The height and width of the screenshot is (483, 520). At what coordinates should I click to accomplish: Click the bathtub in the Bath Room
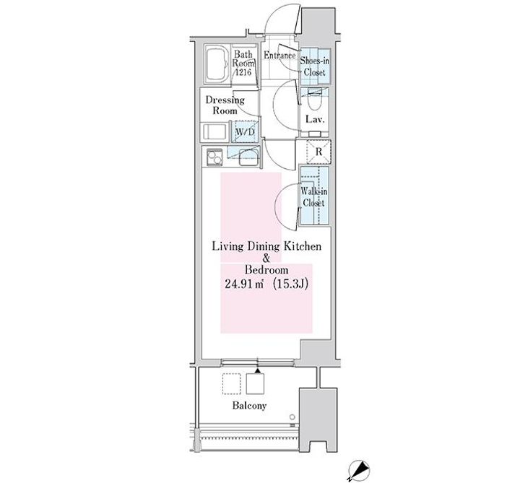click(x=216, y=64)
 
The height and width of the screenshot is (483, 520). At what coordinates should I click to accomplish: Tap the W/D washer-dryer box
click(x=245, y=131)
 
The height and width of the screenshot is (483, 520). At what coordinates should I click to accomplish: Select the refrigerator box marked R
click(x=318, y=152)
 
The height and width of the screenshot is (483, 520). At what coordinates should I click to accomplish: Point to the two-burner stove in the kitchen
click(x=214, y=157)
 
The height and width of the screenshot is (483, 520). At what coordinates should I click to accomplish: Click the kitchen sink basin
click(x=248, y=157)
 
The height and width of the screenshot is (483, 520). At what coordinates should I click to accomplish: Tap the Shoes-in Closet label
click(x=315, y=66)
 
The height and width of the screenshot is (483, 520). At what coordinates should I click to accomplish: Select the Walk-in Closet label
click(x=313, y=197)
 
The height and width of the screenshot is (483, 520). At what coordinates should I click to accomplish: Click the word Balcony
click(x=249, y=406)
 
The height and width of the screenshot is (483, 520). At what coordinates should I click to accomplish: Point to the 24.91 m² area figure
click(x=244, y=284)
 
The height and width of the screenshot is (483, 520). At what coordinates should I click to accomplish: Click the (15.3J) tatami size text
click(x=290, y=284)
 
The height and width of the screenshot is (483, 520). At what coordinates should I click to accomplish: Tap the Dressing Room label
click(x=225, y=105)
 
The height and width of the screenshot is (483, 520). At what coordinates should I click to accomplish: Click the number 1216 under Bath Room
click(x=244, y=71)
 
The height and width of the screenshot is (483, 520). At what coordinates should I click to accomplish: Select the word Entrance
click(x=279, y=56)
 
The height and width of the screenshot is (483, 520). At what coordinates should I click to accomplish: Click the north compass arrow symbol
click(x=358, y=471)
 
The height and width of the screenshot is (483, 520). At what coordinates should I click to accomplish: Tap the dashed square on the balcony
click(x=232, y=384)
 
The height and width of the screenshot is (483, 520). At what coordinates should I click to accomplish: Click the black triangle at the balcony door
click(x=258, y=370)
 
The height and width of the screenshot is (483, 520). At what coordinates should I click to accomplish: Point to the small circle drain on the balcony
click(x=292, y=417)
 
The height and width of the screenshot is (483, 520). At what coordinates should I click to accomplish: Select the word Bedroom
click(x=266, y=270)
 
